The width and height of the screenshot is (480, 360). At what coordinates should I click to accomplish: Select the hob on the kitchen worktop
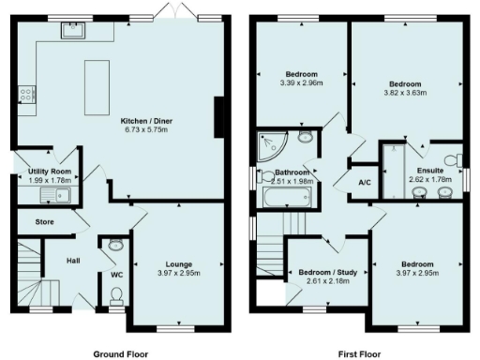point(24,94)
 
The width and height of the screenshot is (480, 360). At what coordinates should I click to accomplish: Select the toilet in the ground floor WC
point(116,296)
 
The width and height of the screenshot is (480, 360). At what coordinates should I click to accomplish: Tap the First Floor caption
point(358,354)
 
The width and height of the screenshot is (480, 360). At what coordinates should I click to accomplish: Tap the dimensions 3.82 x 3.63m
point(407,93)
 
